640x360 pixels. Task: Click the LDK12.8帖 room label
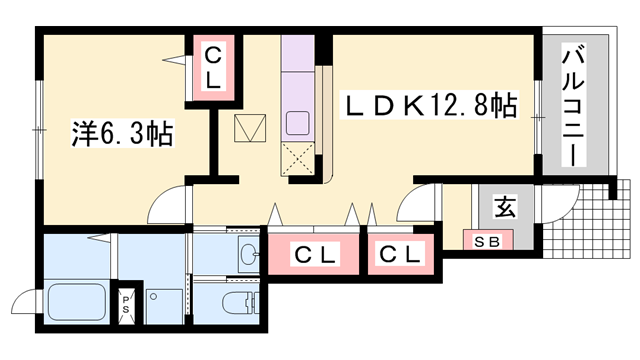[x=429, y=105]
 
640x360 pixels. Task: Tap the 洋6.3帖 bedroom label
[x=122, y=133]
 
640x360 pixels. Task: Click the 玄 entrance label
[x=506, y=207]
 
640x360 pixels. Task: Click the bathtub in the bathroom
[x=77, y=302]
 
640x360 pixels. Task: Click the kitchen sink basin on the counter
[x=297, y=123]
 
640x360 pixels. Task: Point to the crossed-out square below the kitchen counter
[x=298, y=159]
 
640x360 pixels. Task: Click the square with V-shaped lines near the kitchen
[x=250, y=128]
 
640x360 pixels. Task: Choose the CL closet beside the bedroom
[x=213, y=68]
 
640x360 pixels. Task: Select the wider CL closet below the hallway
[x=313, y=254]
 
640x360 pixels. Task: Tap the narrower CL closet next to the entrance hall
[x=400, y=254]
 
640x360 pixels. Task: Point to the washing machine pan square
[x=164, y=307]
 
